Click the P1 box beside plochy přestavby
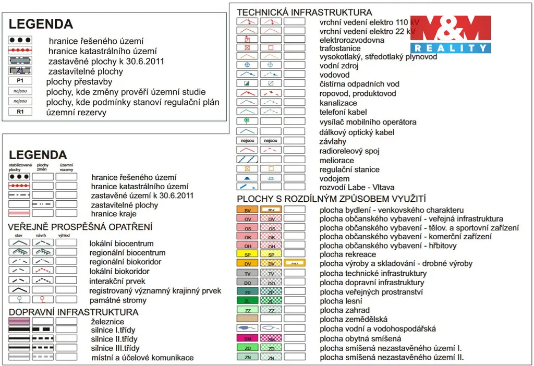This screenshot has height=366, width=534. coord(20,81)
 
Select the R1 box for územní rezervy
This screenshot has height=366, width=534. coord(20,112)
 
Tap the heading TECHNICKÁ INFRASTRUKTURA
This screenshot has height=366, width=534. coord(305,12)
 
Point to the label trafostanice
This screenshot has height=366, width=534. coord(340,48)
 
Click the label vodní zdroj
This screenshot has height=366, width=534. coord(339,66)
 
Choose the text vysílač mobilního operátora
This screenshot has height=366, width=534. coord(368,122)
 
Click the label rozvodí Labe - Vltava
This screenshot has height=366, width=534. coord(357,187)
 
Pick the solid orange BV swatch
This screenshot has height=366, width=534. coord(248,210)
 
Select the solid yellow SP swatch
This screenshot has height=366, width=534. coord(248,254)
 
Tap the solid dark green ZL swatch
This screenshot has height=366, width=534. coord(248,300)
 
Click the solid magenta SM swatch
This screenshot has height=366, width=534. coord(248,338)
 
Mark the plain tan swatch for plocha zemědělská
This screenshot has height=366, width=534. coord(248,319)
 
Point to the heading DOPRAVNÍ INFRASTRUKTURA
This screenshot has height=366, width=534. coord(74,312)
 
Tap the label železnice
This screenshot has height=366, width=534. coord(107,322)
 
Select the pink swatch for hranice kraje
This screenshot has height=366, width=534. coord(19,213)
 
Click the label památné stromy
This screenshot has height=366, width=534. coord(118,300)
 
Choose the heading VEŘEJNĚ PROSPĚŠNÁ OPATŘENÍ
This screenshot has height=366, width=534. coord(80,227)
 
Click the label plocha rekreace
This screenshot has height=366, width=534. coord(348,254)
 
